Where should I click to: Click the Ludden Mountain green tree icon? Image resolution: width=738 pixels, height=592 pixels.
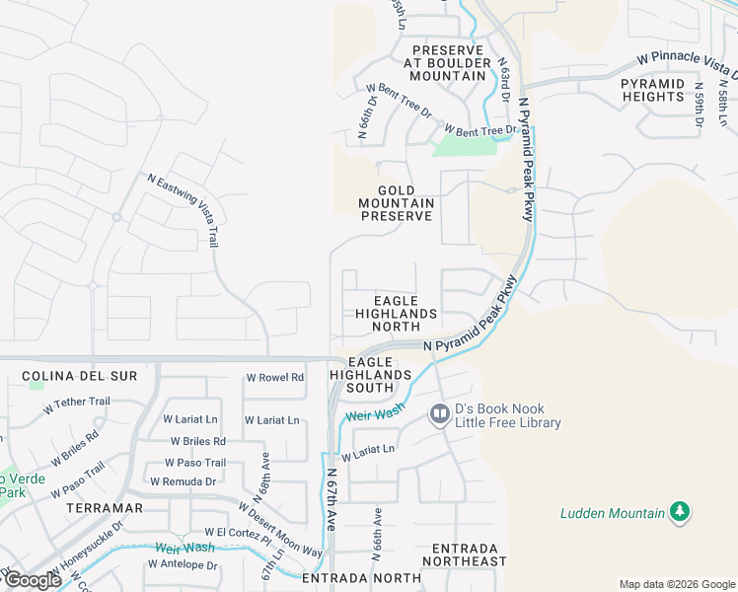[679, 511]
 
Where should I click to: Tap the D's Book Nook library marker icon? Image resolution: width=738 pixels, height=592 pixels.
[440, 415]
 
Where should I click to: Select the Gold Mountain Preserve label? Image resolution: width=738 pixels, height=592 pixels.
[396, 203]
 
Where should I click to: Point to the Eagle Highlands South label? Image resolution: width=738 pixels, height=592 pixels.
[371, 375]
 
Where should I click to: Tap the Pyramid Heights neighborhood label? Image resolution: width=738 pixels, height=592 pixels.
[653, 90]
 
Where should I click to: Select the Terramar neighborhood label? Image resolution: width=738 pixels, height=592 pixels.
[105, 508]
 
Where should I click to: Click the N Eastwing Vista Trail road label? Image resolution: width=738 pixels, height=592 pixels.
[184, 210]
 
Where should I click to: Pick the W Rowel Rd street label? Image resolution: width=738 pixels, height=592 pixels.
[274, 378]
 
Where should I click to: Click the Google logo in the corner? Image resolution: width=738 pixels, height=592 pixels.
[33, 580]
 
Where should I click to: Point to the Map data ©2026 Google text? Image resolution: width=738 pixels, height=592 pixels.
[676, 584]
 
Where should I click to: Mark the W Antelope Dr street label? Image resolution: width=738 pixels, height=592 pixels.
[182, 565]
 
